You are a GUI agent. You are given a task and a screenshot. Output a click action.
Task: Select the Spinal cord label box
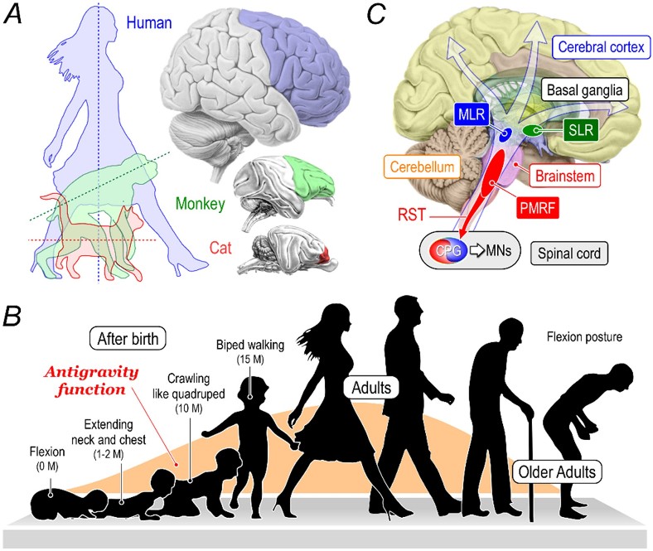point(568,249)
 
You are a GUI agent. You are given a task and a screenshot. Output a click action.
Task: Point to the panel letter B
point(14,316)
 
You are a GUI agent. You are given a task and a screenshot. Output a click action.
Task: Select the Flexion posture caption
point(584,337)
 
